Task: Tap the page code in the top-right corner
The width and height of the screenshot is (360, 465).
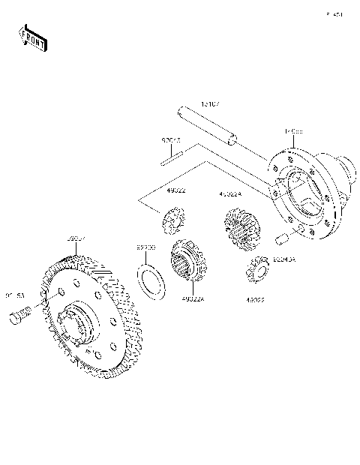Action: point(334,14)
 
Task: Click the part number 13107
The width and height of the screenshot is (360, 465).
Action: point(209,105)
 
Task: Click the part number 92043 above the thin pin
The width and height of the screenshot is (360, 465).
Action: point(172,139)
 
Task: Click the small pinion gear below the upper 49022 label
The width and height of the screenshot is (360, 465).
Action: point(172,221)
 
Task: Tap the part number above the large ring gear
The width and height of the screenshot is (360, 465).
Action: point(76,238)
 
